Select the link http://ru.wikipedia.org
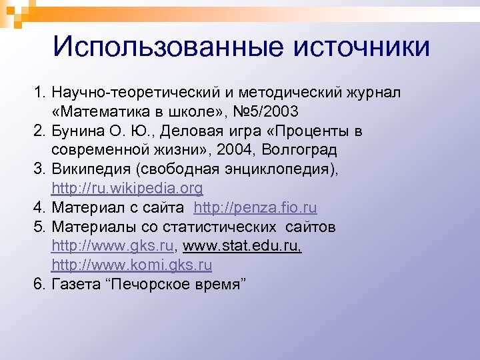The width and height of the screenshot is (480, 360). (127, 189)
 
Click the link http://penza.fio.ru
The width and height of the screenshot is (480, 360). (255, 207)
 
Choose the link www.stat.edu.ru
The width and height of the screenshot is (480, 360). (242, 246)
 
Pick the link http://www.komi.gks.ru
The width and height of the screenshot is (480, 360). (132, 265)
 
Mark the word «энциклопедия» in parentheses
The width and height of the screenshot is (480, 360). (280, 169)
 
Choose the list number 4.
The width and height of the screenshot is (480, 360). (40, 208)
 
